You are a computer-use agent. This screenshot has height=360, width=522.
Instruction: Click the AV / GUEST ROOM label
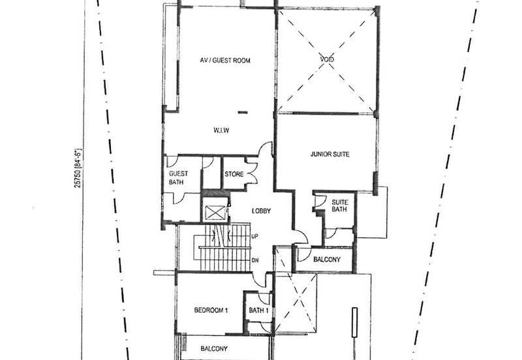225,61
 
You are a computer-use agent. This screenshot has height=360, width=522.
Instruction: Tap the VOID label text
327,60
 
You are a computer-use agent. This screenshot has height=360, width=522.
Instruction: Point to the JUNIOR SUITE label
330,155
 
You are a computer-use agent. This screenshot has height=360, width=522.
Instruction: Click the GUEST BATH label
179,178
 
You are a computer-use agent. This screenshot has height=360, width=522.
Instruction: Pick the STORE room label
234,174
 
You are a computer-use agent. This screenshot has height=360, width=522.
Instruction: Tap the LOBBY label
260,211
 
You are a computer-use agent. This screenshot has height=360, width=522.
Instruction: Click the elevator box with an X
214,212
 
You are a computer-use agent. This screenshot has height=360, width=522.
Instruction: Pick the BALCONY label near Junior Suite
327,260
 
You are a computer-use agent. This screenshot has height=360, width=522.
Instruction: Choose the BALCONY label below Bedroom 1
213,349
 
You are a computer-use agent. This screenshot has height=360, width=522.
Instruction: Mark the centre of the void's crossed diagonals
326,60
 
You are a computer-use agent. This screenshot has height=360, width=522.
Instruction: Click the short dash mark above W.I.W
243,113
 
